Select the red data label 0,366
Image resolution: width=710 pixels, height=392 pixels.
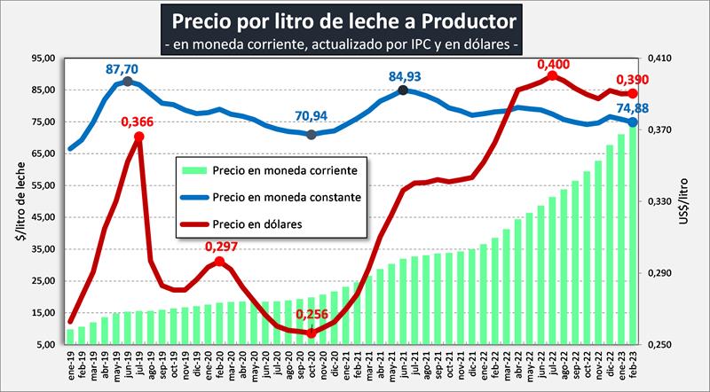138,122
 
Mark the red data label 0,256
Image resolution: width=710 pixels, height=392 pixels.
312,315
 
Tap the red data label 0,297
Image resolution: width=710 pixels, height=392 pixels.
221,246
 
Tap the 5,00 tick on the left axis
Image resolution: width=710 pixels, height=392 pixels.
46,344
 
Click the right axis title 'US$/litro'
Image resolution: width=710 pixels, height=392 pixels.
693,201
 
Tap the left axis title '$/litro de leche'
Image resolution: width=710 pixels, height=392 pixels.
15,201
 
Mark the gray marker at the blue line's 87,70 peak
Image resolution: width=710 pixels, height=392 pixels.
128,82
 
